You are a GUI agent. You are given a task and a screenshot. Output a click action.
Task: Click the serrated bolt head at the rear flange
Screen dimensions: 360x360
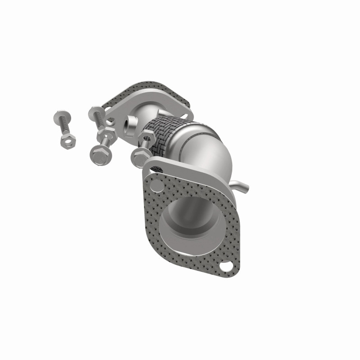pos(95,112)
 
